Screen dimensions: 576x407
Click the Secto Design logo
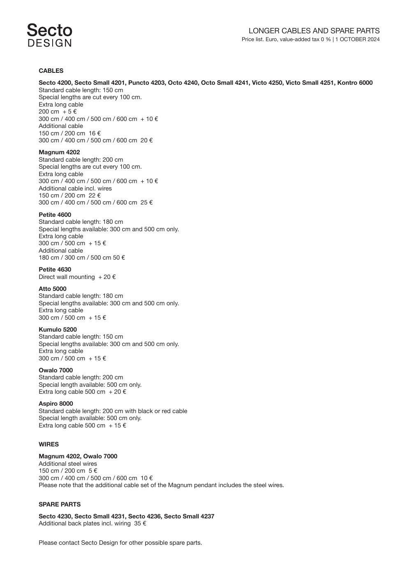[x=49, y=35]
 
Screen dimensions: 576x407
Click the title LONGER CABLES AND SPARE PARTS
[x=314, y=31]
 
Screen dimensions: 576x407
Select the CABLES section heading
[x=51, y=71]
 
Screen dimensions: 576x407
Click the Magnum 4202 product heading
[x=59, y=152]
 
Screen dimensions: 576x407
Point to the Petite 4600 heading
[x=55, y=215]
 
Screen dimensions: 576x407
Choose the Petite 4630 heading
[x=55, y=269]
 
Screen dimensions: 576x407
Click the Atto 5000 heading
[x=52, y=289]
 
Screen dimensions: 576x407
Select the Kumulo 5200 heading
[x=58, y=330]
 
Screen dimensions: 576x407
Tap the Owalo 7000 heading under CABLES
[x=55, y=370]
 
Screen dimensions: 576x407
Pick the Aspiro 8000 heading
[x=55, y=404]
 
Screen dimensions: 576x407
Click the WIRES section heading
[x=49, y=444]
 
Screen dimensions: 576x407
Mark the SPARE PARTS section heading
[x=60, y=504]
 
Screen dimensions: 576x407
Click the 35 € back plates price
[x=140, y=523]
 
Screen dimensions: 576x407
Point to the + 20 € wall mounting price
[x=107, y=277]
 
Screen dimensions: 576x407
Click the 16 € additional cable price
[x=95, y=133]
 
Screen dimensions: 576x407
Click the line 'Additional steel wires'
[x=68, y=464]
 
